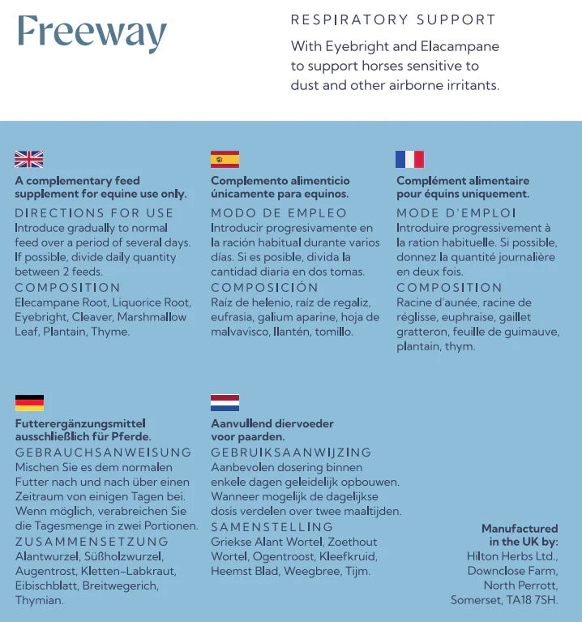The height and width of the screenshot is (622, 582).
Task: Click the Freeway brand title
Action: coord(92,33)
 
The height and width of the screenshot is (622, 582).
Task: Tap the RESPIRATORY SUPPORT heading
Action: coord(393,19)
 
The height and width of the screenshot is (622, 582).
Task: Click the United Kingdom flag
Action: coord(29,159)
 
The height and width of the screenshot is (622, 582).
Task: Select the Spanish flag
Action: coord(225,159)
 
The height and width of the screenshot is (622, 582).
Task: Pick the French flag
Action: coord(409,159)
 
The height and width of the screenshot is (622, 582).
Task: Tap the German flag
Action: coord(29,403)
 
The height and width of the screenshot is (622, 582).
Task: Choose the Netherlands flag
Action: coord(225,403)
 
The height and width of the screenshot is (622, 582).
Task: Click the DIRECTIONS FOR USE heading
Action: coord(94,213)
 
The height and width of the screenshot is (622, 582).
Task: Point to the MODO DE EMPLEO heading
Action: coord(280,213)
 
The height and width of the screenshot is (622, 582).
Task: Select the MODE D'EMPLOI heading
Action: coord(456,213)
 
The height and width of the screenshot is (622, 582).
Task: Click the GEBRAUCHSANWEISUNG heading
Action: coord(104,453)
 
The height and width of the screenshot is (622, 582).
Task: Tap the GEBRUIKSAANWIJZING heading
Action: coord(291,453)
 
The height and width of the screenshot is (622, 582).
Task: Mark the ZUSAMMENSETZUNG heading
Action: coord(92,542)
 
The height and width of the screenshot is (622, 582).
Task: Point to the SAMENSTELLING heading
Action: coord(272,527)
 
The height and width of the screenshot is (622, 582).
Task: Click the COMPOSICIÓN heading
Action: coord(265,288)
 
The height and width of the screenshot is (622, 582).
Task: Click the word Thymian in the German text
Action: coord(39,600)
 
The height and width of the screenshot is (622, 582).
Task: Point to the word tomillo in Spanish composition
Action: coord(334,332)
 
